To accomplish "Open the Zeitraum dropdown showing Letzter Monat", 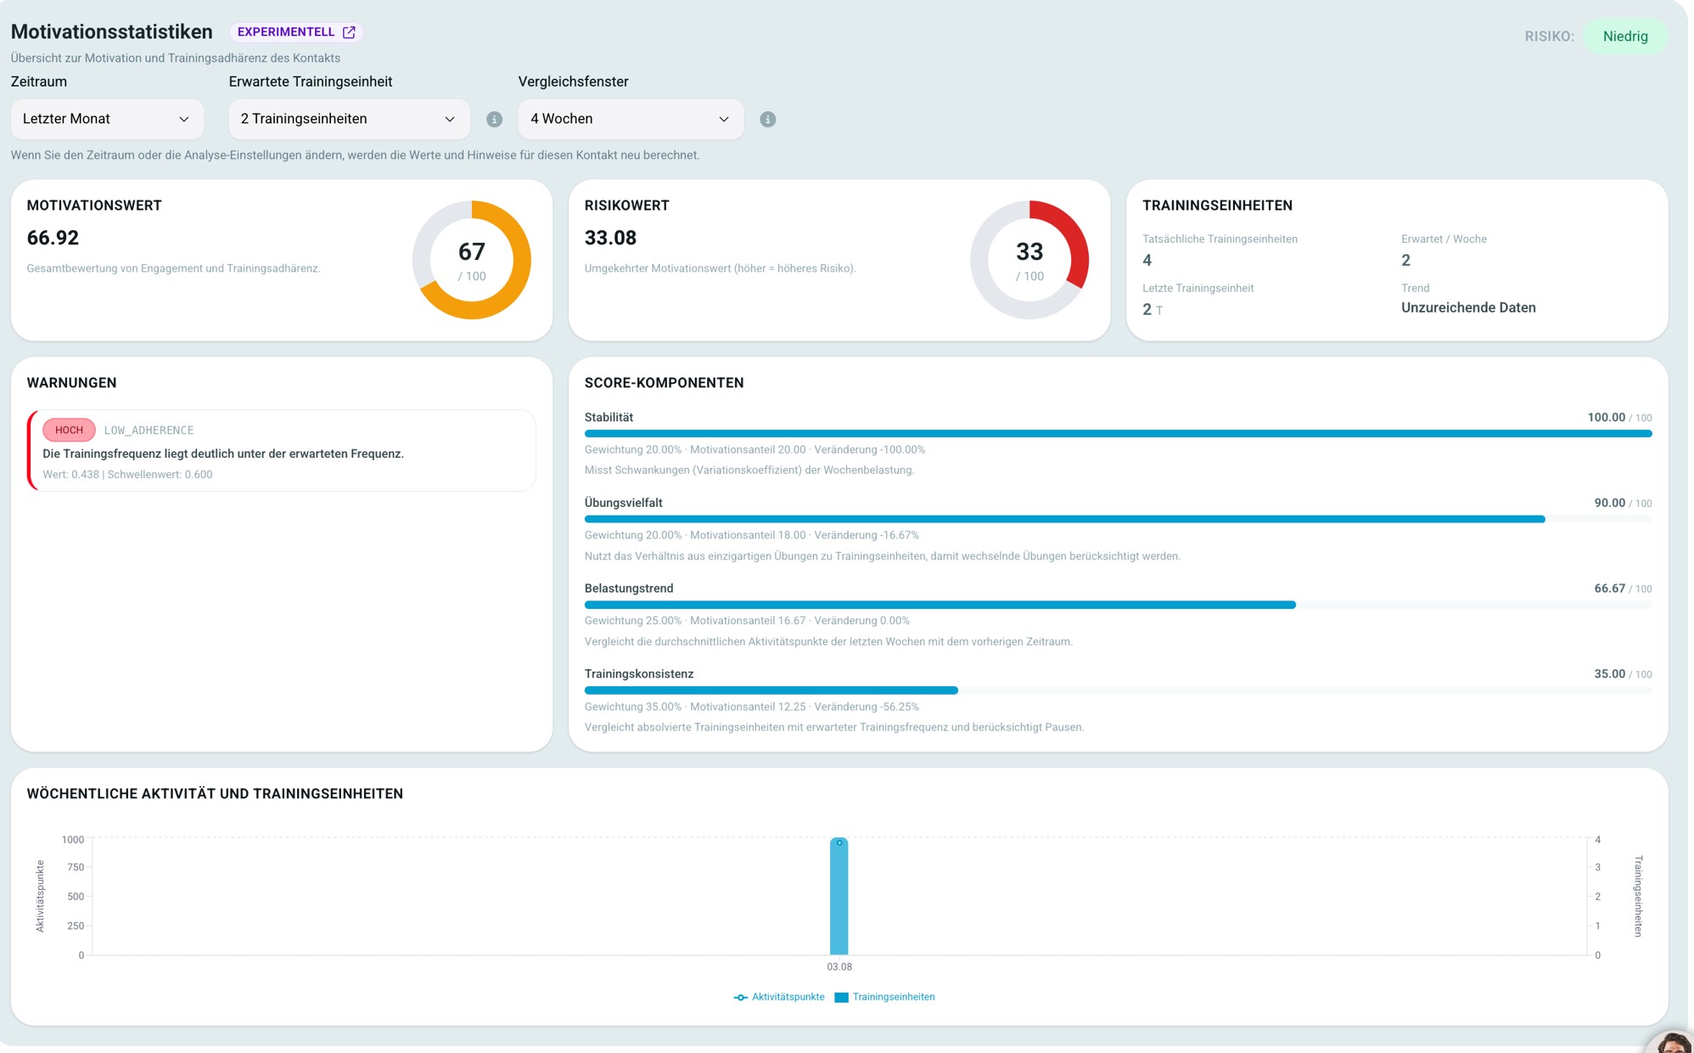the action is [x=107, y=119].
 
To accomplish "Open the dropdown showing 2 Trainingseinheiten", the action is [x=349, y=119].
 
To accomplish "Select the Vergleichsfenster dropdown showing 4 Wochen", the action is [x=631, y=119].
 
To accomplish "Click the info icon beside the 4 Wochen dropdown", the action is [x=768, y=120].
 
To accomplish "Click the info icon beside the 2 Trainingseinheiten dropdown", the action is [x=495, y=120].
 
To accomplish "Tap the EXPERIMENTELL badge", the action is [x=296, y=32].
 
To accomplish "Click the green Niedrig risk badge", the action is [x=1625, y=37].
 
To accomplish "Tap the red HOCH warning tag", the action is [x=69, y=431].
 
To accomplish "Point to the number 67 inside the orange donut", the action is [x=472, y=251].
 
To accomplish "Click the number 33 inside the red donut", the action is [x=1029, y=251].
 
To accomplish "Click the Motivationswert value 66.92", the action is [x=53, y=238].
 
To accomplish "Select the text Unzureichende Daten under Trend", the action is [x=1468, y=307].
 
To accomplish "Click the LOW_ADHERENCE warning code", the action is [x=149, y=431].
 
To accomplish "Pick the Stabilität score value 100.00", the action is [x=1607, y=418].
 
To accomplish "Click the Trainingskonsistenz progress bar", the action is [x=1118, y=690].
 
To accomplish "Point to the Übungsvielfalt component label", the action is [x=624, y=503].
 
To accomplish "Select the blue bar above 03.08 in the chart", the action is [x=839, y=896].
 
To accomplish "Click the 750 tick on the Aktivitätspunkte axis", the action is [x=76, y=867].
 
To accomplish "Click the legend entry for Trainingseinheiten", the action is [x=884, y=997].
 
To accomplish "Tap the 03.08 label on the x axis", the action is [x=839, y=967].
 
